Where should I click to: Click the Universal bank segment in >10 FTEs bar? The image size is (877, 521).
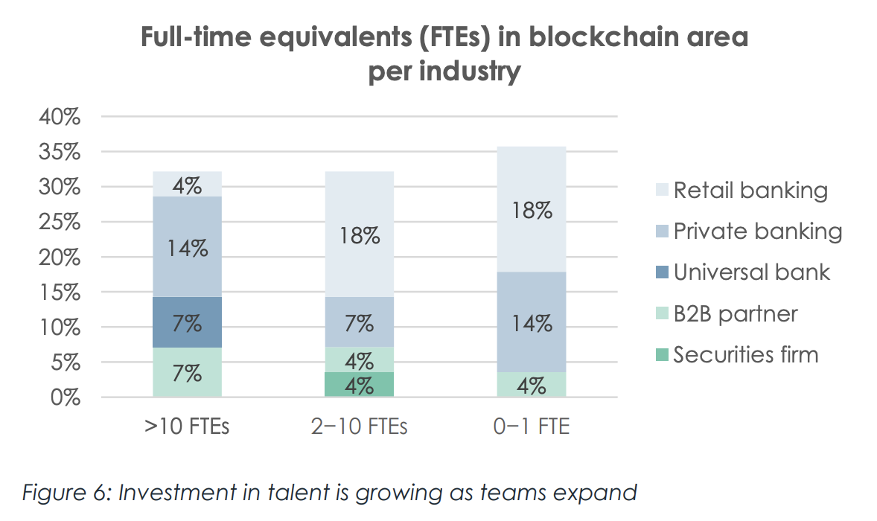187,322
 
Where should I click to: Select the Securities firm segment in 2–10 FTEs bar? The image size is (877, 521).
359,385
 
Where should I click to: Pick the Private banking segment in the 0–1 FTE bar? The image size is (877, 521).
532,322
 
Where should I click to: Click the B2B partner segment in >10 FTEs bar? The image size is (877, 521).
187,372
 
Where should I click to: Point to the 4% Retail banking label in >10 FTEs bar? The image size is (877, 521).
187,185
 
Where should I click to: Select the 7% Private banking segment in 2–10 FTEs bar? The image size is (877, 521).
359,322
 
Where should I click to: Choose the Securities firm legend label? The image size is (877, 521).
745,354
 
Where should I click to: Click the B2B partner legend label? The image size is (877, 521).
736,313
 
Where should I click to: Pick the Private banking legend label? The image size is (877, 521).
757,231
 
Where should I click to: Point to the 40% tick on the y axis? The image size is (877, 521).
60,118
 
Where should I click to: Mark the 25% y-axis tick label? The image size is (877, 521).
60,223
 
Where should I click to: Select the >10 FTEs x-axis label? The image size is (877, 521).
187,428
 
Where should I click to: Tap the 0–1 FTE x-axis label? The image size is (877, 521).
532,428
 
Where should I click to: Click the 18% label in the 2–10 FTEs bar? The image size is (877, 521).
359,236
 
